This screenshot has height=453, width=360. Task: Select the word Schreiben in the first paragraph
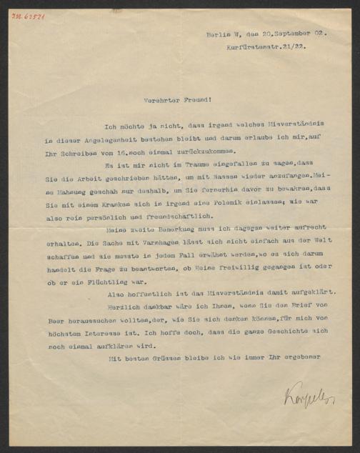[x=66, y=152]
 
